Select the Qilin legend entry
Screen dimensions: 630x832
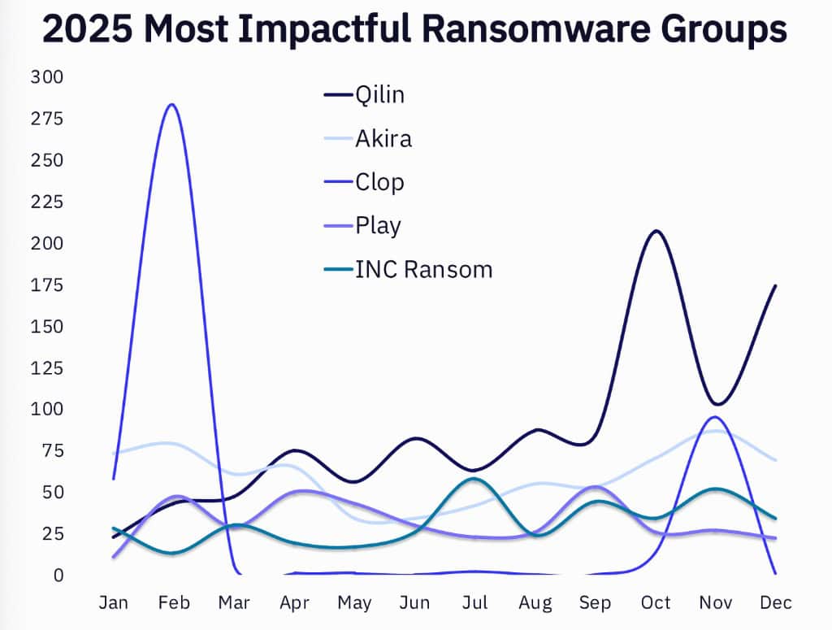pos(379,94)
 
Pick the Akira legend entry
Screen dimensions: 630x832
pos(383,138)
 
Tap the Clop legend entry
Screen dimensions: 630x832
pos(379,181)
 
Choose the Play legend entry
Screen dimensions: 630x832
pos(378,225)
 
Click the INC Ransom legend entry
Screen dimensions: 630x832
pos(423,269)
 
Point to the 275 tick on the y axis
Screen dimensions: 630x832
pos(46,119)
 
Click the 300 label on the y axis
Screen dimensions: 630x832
pos(46,77)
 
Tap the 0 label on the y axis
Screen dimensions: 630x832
pos(58,576)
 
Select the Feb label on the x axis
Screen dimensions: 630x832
pos(174,602)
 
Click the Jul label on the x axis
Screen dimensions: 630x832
pos(475,602)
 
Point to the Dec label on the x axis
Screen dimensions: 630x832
pos(775,602)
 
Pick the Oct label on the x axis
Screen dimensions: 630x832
pos(656,602)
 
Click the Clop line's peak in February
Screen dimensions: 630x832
pos(171,104)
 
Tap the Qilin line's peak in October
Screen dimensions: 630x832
pos(656,231)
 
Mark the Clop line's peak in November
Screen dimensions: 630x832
pos(714,417)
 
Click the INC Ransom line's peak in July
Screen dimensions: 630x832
pos(474,478)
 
